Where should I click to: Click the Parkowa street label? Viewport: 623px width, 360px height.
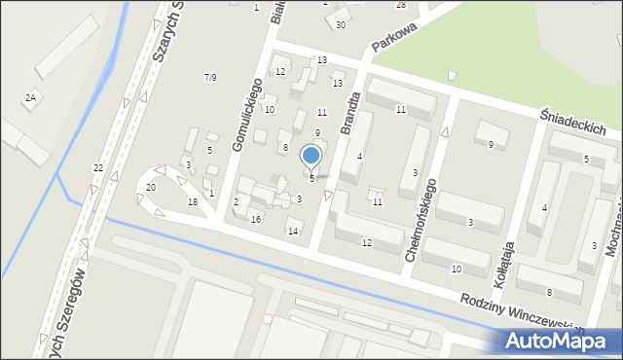coord(393,41)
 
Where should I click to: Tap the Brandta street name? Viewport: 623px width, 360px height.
coord(350,113)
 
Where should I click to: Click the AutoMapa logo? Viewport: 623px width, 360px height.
coord(552,341)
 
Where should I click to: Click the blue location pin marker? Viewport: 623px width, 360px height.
coord(311,156)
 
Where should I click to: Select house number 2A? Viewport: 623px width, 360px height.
coord(30,98)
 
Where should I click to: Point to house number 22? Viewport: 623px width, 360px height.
coord(97,168)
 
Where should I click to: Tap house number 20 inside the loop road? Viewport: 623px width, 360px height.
coord(150,187)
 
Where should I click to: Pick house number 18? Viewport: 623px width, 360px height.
coord(193,201)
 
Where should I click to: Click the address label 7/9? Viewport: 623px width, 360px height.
coord(209,77)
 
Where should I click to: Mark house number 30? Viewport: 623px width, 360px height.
coord(341,24)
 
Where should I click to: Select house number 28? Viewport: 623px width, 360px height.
coord(400,5)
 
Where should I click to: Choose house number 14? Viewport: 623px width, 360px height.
coord(292,231)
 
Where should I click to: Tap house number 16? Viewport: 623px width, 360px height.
coord(255,220)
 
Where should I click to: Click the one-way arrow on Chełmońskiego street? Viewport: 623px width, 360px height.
coord(446,131)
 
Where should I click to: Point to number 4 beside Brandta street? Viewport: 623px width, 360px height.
coord(359,157)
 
